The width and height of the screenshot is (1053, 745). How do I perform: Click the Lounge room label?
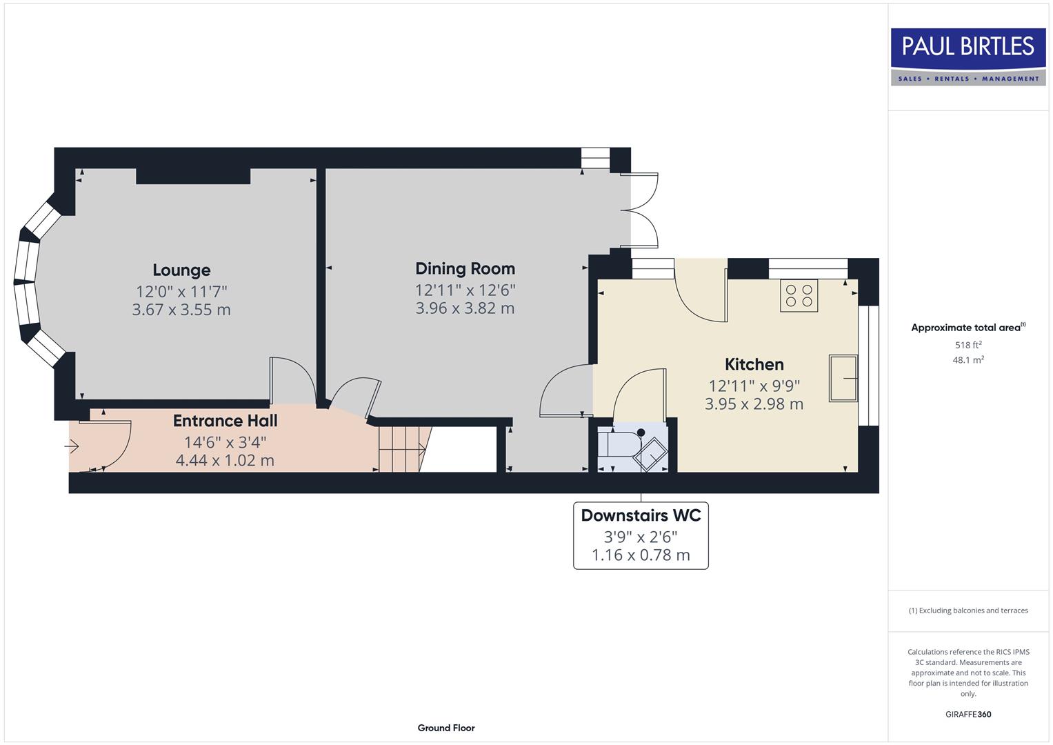181,270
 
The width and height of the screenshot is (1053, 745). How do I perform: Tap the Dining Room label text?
465,269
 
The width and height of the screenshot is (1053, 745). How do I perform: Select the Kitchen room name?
754,364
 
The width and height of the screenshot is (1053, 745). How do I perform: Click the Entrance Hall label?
225,421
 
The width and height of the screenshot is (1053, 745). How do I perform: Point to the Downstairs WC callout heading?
641,515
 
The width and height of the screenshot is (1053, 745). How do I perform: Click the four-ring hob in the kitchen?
799,296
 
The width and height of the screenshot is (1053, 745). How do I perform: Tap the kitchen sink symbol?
843,379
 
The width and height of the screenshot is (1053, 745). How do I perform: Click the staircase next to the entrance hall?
401,449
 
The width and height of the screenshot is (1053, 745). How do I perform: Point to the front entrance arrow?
72,447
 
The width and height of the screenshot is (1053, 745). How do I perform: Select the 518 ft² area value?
968,345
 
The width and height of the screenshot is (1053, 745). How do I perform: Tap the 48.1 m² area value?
968,360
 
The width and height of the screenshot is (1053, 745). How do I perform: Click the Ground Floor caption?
445,728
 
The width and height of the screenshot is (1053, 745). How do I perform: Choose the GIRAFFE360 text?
968,714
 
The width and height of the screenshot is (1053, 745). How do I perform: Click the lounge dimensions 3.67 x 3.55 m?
181,310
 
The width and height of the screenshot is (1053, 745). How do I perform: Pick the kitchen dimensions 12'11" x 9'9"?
754,386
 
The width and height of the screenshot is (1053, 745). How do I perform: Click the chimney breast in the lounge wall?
193,176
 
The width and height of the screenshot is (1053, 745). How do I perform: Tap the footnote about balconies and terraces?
968,610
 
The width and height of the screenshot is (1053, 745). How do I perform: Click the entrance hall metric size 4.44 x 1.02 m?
225,460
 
